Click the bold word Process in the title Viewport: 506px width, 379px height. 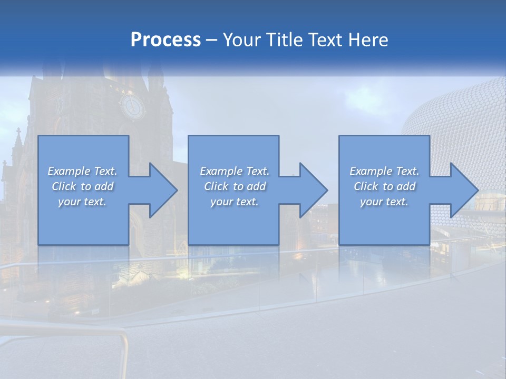coord(166,40)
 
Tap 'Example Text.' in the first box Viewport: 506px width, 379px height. coord(82,171)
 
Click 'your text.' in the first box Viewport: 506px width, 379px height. coord(82,202)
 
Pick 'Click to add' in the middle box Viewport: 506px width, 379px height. coord(235,186)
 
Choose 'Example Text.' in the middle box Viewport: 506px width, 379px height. coord(235,171)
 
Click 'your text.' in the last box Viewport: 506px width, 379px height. coord(384,202)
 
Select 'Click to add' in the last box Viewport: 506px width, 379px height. coord(384,186)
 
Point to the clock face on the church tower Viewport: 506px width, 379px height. coord(131,107)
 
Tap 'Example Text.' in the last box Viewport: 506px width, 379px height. coord(384,171)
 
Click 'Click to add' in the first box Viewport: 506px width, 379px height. coord(82,186)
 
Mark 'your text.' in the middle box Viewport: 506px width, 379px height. coord(235,202)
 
